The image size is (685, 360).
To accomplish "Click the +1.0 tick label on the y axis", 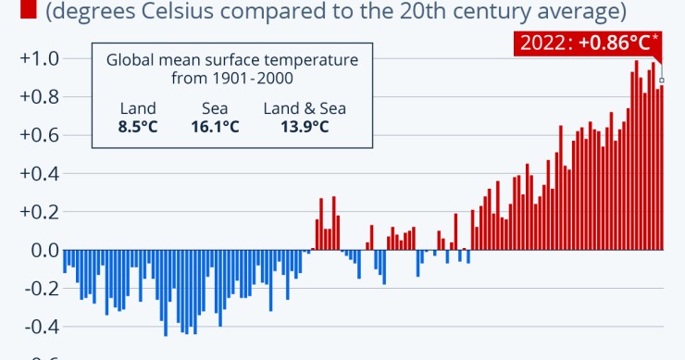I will [40, 58].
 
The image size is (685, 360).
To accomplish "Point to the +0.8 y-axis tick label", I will [40, 96].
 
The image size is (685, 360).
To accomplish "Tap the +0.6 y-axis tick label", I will [40, 135].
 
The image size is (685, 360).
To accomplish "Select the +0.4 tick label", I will [40, 173].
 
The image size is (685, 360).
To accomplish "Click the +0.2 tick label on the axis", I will [40, 211].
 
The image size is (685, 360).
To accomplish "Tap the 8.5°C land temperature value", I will [138, 126].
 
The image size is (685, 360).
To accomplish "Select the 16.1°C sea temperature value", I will [215, 126].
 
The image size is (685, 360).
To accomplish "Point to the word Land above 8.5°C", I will [138, 108].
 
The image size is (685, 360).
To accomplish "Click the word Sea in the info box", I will [215, 108].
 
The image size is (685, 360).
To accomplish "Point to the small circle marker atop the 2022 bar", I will [661, 81].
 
